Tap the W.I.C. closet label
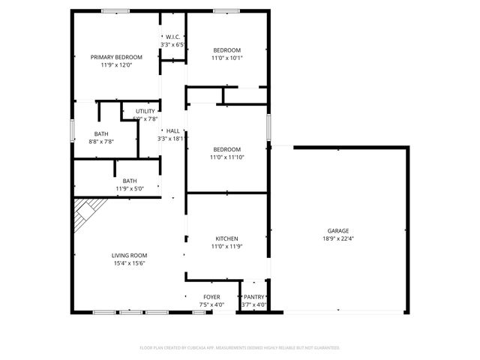[172, 37]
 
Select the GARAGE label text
[337, 230]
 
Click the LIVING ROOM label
[128, 255]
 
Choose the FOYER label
[211, 297]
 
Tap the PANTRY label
[254, 297]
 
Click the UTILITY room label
[145, 111]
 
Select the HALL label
[172, 130]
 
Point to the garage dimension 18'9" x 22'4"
[337, 238]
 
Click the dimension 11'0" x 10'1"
[226, 58]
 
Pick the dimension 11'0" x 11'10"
[226, 157]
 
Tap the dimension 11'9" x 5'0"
[130, 188]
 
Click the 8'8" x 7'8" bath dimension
[101, 141]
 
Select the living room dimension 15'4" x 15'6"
[128, 263]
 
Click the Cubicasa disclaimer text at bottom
[240, 348]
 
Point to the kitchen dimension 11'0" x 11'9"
[226, 246]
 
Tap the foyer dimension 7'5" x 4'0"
[211, 304]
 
